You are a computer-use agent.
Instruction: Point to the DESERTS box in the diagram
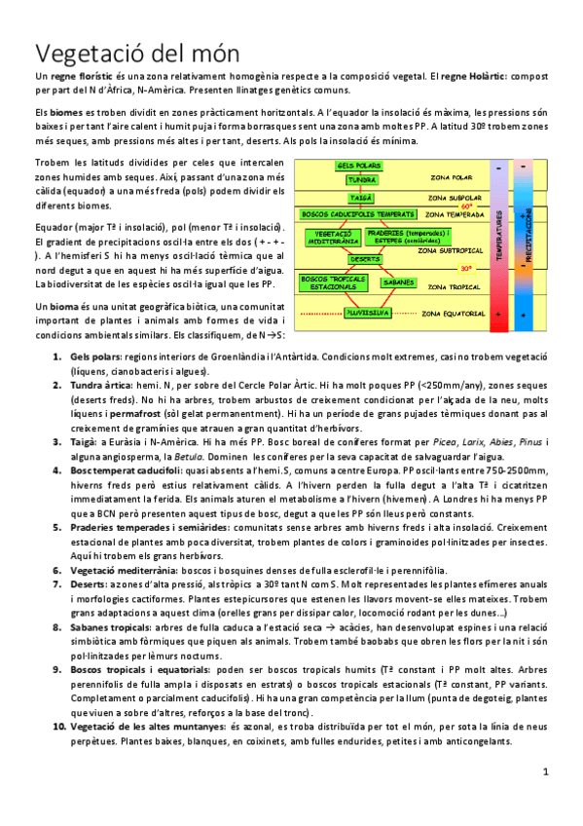point(365,259)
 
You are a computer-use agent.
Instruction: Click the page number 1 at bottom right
point(546,771)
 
